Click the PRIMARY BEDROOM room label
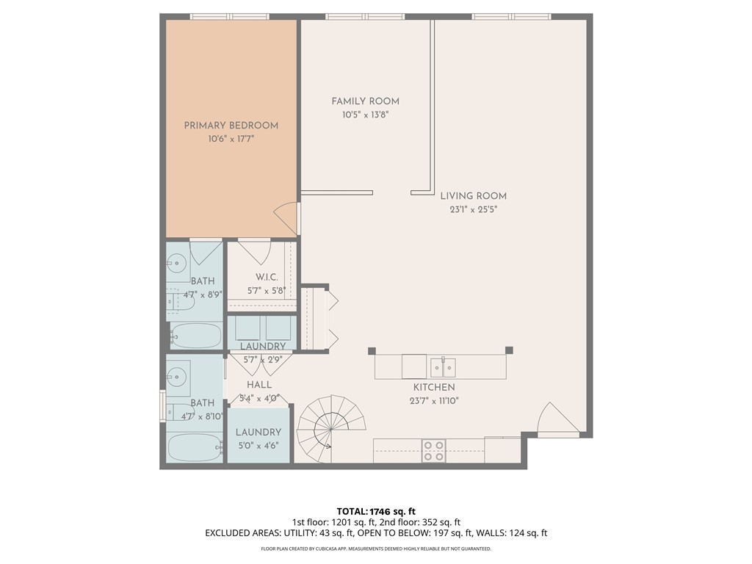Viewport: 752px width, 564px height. coord(231,126)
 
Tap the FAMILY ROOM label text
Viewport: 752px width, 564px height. coord(365,101)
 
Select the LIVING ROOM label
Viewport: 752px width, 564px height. coord(473,196)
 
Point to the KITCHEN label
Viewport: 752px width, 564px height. coord(433,387)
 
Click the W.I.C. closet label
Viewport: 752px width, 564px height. coord(266,277)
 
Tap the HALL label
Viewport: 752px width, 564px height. coord(259,385)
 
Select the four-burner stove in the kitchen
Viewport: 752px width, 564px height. coord(433,450)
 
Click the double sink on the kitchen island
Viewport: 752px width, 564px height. coord(443,366)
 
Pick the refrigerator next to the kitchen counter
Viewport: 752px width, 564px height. coord(502,449)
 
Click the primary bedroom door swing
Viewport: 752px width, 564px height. coord(287,217)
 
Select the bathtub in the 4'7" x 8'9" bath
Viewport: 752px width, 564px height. coord(195,336)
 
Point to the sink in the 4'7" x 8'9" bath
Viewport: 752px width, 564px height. coord(176,260)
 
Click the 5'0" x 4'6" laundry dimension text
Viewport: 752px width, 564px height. coord(258,445)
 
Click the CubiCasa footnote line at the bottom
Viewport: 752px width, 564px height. coord(375,549)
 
